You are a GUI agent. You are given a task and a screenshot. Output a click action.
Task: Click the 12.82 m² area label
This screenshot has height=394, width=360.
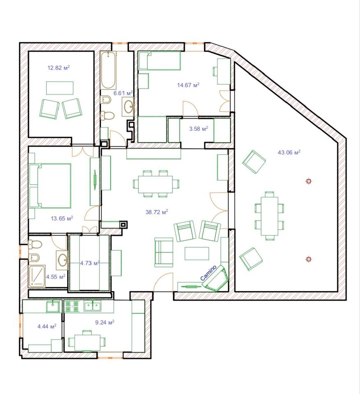pyautogui.click(x=59, y=68)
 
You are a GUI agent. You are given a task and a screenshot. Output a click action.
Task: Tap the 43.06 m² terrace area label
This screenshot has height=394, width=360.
pyautogui.click(x=289, y=152)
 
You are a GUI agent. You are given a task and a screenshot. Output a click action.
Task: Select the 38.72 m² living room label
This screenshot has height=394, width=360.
pyautogui.click(x=157, y=212)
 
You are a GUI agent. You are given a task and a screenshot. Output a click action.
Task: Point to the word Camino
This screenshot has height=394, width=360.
pyautogui.click(x=209, y=273)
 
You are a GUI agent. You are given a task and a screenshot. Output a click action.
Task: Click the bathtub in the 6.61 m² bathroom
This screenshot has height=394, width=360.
pyautogui.click(x=108, y=70)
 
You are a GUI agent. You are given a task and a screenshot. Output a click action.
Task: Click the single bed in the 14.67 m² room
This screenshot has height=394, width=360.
pyautogui.click(x=160, y=61)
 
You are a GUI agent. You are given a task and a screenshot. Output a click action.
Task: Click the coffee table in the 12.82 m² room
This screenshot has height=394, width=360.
pyautogui.click(x=60, y=88)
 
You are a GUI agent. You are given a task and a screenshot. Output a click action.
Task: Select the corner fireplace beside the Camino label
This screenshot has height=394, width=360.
pyautogui.click(x=216, y=278)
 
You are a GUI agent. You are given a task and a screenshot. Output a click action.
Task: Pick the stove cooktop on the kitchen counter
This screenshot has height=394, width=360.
pyautogui.click(x=72, y=306)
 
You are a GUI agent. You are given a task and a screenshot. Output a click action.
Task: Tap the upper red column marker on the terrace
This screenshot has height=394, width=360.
pyautogui.click(x=308, y=181)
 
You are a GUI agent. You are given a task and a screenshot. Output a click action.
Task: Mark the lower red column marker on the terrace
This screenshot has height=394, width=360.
pyautogui.click(x=308, y=259)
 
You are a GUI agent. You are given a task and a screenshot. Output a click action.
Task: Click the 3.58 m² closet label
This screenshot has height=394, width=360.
pyautogui.click(x=199, y=129)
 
